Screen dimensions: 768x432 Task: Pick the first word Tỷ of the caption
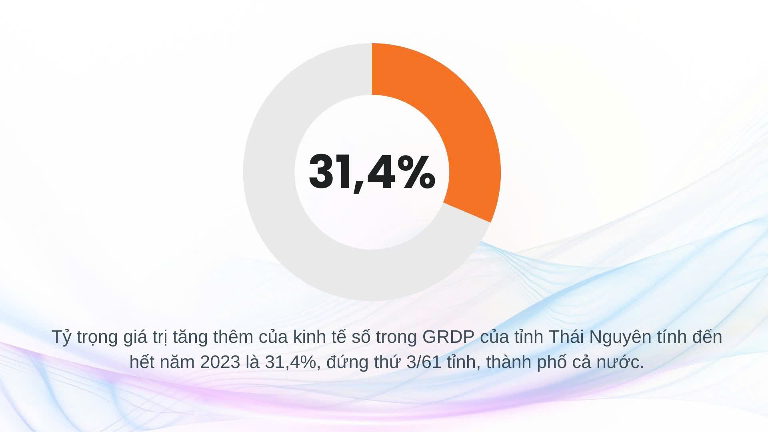point(61,337)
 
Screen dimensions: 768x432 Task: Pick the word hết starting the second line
point(141,362)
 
